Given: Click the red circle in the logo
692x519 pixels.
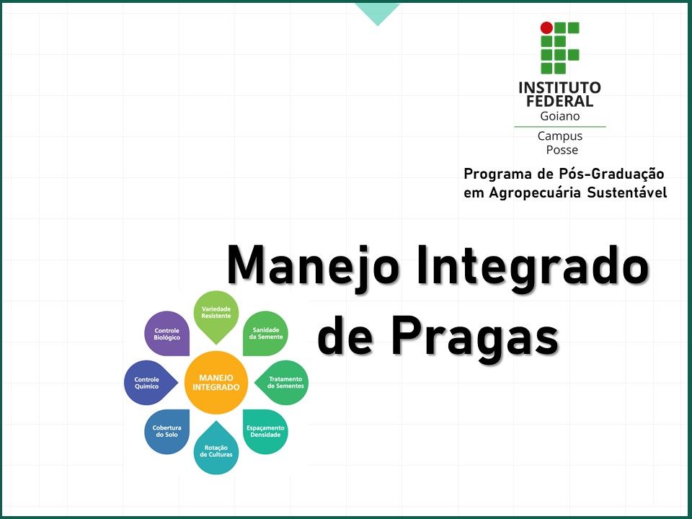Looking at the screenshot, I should (546, 28).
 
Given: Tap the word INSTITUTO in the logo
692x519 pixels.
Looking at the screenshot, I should (559, 88).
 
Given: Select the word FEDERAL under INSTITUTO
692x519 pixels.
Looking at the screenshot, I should (559, 102).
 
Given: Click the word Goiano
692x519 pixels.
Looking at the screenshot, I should (559, 115).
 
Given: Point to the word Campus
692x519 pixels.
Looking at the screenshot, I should (559, 136).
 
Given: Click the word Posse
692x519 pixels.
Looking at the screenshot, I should (562, 150).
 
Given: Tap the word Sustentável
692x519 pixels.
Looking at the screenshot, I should (627, 192).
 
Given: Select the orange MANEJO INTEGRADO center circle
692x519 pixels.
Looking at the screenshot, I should (216, 382).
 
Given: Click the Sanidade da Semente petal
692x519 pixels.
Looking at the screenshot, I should (265, 333).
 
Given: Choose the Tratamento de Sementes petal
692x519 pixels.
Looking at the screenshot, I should (284, 382).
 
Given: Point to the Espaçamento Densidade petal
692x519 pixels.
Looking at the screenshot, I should (265, 431).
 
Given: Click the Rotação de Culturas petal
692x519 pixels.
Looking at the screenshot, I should (216, 451).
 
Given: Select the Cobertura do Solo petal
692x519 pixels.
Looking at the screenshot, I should (167, 431).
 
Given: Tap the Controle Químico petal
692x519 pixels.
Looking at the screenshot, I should (148, 382).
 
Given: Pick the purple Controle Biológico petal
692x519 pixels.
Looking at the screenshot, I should (167, 334).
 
